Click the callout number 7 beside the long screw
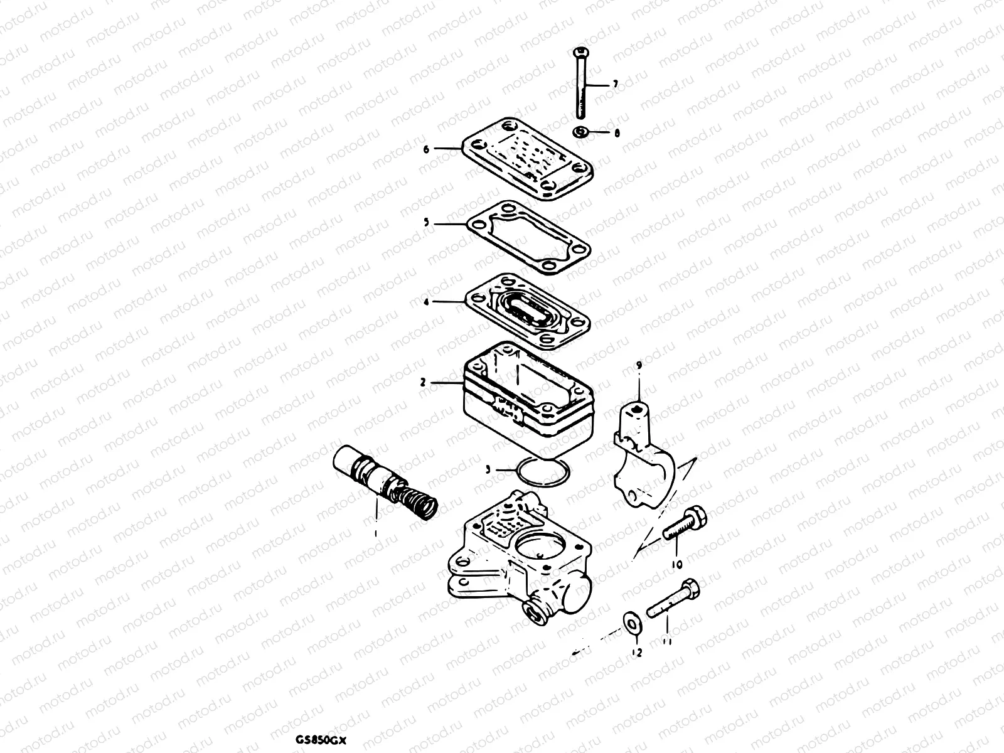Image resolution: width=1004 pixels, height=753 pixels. [616, 83]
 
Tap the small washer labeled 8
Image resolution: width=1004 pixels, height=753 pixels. [581, 132]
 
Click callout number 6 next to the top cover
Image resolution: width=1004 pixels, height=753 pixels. [426, 149]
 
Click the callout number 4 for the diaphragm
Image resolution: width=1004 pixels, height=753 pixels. [426, 302]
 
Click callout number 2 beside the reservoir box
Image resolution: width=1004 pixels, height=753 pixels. [423, 382]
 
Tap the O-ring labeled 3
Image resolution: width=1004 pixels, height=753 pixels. [542, 471]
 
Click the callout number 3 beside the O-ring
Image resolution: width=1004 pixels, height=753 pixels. [488, 469]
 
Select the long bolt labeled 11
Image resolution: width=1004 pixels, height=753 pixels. [672, 597]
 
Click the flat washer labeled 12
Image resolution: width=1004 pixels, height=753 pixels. [633, 621]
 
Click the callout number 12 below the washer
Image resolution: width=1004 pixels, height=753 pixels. [638, 653]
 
